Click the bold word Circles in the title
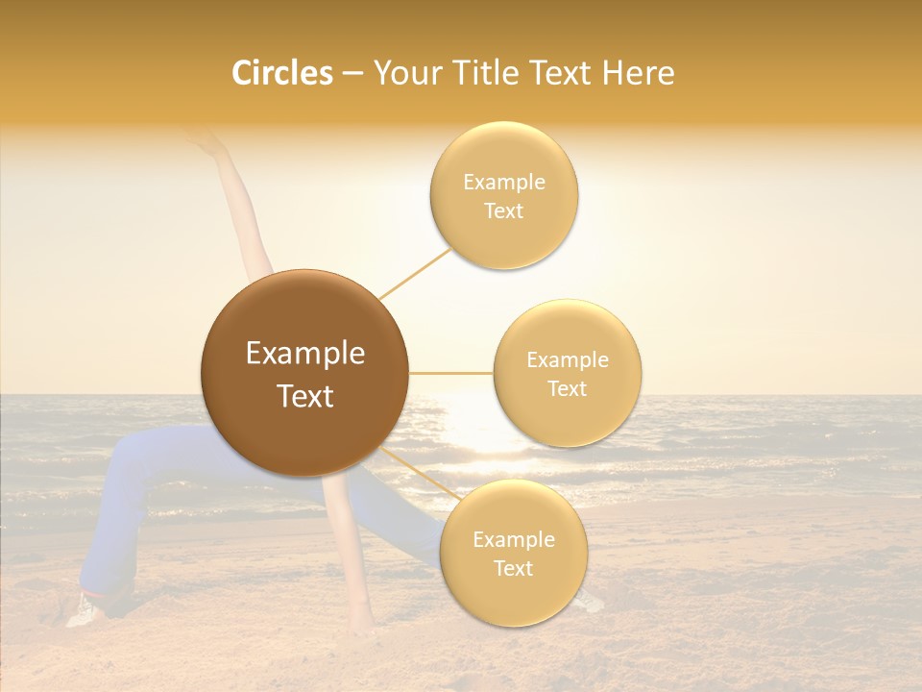coord(281,73)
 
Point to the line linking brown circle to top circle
coord(415,273)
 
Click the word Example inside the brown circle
coord(304,354)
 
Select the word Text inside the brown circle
coord(304,396)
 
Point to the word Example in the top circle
coord(503,182)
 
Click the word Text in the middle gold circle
coord(567,388)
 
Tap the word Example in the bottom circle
coord(513,539)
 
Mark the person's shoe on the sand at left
coord(85,609)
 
